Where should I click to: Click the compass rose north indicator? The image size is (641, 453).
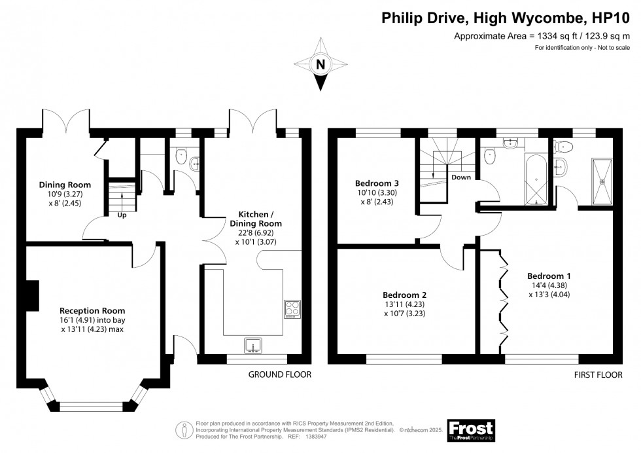(x=320, y=64)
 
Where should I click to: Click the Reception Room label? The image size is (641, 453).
(x=92, y=310)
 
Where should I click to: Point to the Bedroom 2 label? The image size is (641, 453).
(x=405, y=294)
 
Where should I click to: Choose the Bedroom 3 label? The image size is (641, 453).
(x=377, y=183)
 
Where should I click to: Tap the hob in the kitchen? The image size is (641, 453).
(x=291, y=307)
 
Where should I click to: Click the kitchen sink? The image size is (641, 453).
(x=253, y=344)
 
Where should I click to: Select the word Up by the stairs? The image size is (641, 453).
(x=122, y=214)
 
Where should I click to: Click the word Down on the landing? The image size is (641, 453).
(x=461, y=177)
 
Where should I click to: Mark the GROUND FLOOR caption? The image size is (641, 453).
(x=279, y=375)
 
